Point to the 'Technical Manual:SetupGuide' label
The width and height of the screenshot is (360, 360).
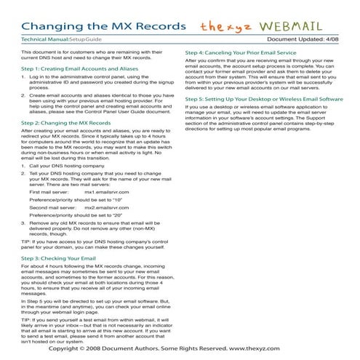tap(61, 40)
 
